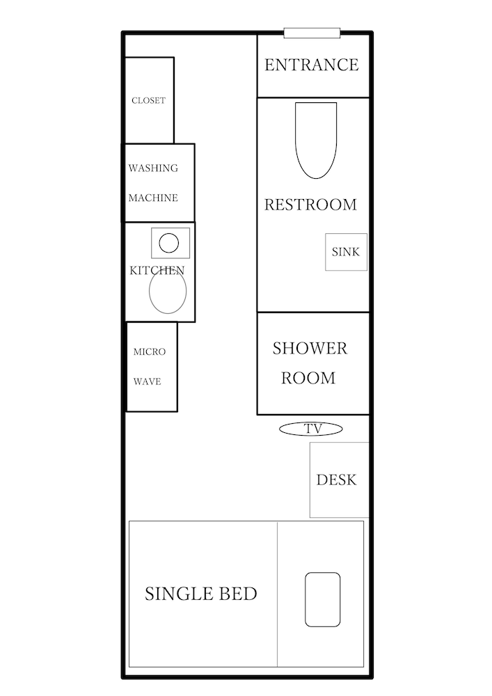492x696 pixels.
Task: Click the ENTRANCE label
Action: point(312,65)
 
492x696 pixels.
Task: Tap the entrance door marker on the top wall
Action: point(312,33)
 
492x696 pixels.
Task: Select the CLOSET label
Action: point(149,100)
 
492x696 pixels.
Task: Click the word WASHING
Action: point(153,168)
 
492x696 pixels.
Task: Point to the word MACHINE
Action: point(153,198)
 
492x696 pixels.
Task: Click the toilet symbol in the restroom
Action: point(316,141)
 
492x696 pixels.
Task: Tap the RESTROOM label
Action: point(310,205)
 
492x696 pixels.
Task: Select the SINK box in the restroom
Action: point(346,252)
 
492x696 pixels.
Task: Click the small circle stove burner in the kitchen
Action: point(168,243)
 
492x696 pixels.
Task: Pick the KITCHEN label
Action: point(157,270)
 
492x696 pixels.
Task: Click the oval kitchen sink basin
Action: point(168,291)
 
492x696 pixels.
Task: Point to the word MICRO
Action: point(150,352)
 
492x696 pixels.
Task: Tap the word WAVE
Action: point(148,381)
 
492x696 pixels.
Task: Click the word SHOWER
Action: point(310,349)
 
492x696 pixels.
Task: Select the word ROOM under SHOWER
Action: point(308,378)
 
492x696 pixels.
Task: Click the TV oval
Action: point(311,429)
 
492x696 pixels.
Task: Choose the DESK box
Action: point(340,480)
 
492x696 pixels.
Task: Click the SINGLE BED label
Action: point(201,594)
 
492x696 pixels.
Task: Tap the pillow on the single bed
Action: point(322,599)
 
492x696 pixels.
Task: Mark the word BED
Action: point(236,594)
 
